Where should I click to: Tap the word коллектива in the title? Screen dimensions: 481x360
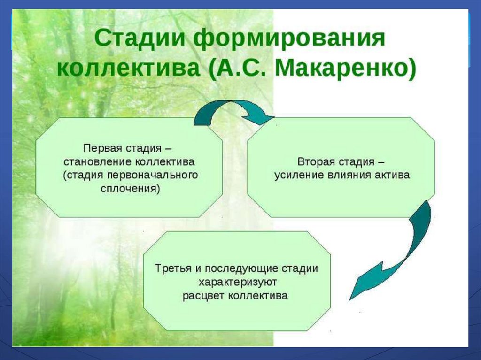point(129,69)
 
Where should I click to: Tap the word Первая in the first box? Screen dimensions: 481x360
point(98,148)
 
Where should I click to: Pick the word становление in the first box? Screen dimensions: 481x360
point(97,161)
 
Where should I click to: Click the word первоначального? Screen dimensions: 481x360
point(153,175)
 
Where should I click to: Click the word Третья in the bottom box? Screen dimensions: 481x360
point(173,268)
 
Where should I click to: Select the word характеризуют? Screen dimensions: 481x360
point(238,282)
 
